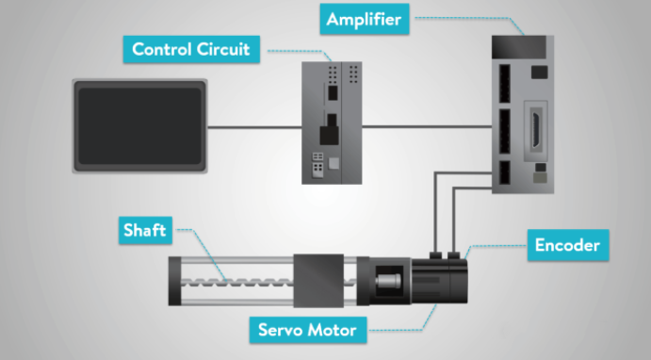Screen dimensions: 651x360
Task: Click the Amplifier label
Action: [364, 19]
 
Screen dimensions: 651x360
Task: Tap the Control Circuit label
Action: [191, 49]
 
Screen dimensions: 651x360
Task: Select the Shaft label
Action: [145, 230]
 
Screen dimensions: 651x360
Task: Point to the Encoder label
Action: [567, 245]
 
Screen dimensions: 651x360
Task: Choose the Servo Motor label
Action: [308, 330]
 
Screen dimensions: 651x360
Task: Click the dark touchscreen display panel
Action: [140, 126]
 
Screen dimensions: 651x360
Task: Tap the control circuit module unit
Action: [332, 123]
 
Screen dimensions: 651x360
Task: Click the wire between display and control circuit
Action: [254, 127]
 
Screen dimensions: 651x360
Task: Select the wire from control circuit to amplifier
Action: [427, 126]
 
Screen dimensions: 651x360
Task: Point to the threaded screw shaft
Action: [237, 283]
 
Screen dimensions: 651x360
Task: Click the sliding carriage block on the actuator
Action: [318, 281]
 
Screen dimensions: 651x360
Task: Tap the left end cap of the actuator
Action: [175, 281]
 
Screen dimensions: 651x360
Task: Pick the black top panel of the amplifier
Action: [519, 47]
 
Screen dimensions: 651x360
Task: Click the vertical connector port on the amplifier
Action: [536, 129]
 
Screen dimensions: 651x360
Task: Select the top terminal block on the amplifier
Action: [505, 84]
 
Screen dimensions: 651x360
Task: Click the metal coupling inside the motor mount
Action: [388, 281]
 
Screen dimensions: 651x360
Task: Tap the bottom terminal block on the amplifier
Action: [504, 172]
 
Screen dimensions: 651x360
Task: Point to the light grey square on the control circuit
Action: [334, 163]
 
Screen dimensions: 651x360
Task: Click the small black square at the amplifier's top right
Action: [539, 73]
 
